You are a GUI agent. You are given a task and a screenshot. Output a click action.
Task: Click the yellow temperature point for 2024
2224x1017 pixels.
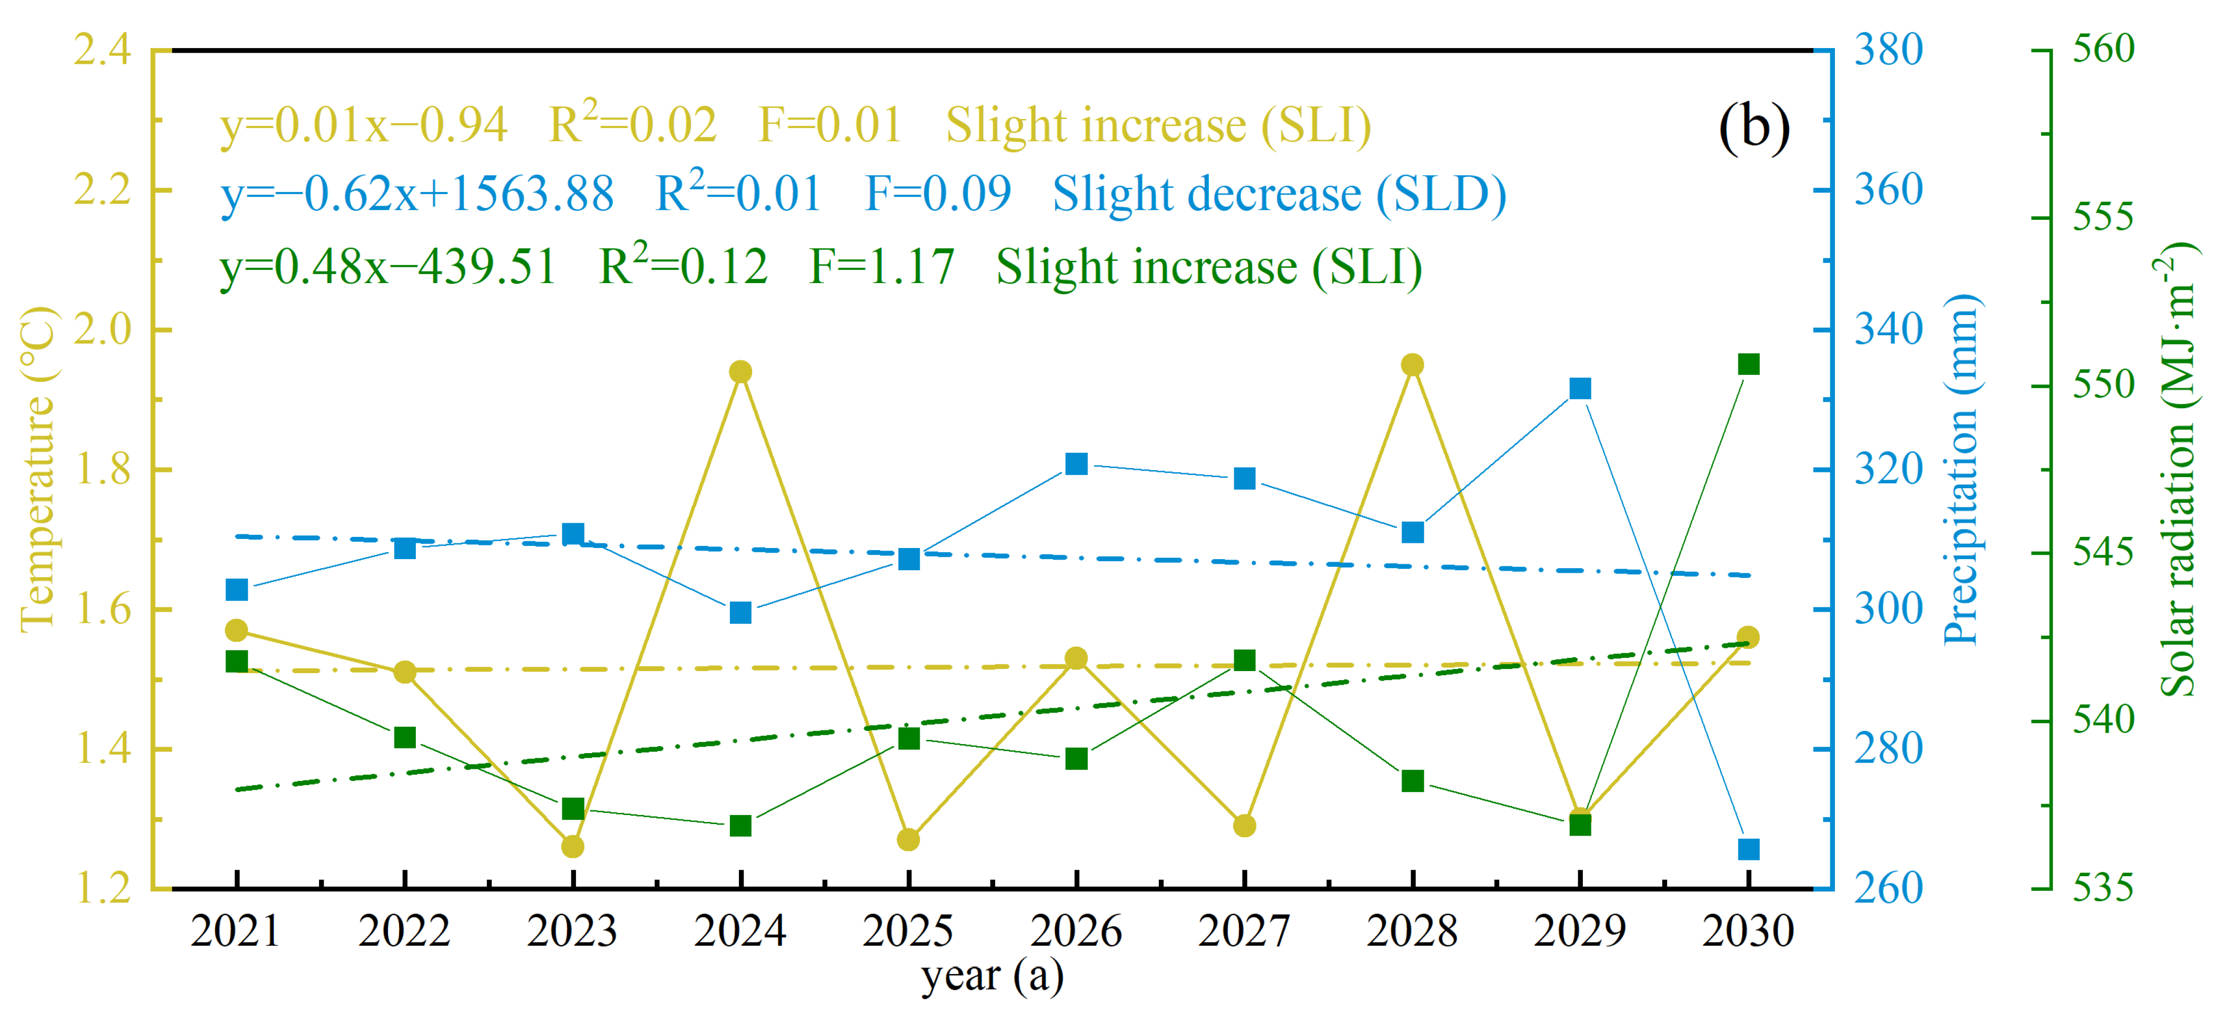coord(740,372)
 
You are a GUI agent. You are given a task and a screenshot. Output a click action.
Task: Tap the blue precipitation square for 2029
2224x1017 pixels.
coord(1580,388)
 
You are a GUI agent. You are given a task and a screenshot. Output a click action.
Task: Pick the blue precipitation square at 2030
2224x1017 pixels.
coord(1748,849)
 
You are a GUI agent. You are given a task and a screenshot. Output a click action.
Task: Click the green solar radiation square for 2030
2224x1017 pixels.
coord(1748,364)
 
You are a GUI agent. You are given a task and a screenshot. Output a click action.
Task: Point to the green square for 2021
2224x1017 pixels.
coord(237,662)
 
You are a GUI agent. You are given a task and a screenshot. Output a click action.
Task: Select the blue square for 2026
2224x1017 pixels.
coord(1076,463)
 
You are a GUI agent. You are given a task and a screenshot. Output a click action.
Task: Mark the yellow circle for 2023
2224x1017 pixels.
coord(572,846)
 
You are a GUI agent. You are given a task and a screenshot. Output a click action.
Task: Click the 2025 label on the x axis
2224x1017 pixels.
coord(908,931)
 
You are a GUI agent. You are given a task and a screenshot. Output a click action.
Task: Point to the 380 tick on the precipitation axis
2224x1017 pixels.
coord(1888,50)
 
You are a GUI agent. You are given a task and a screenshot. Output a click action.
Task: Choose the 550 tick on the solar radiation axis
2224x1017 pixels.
coord(2103,385)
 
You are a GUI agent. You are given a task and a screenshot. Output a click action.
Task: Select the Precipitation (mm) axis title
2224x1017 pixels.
coord(1962,471)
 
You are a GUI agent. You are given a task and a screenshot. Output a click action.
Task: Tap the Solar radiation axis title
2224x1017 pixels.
coord(2177,471)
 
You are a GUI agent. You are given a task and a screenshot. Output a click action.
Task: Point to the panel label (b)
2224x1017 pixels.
coord(1754,128)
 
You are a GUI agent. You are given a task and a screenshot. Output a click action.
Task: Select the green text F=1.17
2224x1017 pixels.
coord(881,267)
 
